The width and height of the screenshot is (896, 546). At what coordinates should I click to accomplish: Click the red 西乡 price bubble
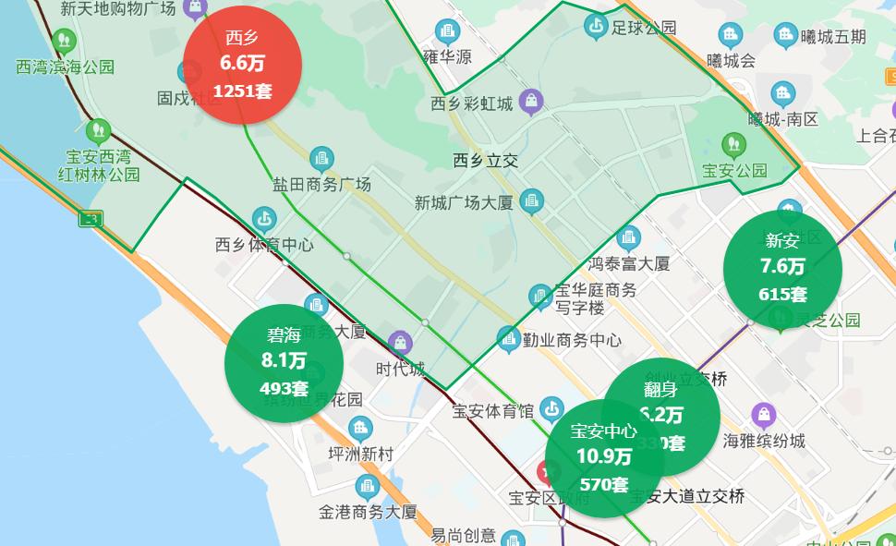coord(242,65)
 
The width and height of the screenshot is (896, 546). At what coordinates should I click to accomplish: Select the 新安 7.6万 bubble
coord(782,268)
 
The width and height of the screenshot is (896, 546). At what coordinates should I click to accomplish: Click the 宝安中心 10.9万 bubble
coord(604,457)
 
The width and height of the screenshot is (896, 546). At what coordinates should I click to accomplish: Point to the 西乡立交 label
coord(486,161)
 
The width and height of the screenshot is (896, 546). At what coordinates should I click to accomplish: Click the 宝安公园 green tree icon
coord(734,144)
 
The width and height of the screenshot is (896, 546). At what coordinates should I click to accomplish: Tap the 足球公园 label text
coord(644,28)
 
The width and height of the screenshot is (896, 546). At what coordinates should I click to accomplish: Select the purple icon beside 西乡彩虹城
coord(530,101)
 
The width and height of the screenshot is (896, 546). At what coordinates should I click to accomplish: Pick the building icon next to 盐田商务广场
coord(321,158)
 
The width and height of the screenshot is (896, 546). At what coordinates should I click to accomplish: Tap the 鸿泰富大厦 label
coord(629,263)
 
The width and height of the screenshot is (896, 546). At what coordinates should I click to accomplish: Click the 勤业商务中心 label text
coord(572,339)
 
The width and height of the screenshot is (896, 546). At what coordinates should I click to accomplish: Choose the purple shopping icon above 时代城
coord(400,343)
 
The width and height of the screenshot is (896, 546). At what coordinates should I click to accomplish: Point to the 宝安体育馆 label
coord(493,409)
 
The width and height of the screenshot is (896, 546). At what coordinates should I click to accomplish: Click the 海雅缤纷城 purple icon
coord(763,415)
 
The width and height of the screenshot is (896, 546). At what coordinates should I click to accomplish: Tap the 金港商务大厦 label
coord(368,511)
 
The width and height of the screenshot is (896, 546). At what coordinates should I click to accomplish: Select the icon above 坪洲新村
coord(360,428)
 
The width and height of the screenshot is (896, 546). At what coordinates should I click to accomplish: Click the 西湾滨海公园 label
coord(66,67)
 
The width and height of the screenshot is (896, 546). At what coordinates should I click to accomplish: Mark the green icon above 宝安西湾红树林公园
coord(98,131)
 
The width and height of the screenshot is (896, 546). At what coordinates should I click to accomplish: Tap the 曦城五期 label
coord(833,37)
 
